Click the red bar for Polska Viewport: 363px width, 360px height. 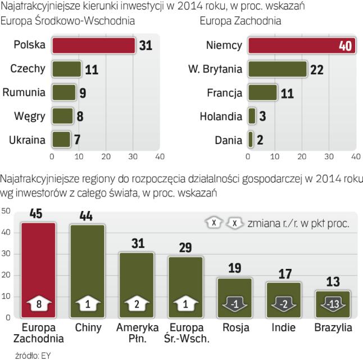pos(93,46)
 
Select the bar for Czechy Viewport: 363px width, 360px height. pos(66,69)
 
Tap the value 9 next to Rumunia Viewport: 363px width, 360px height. pos(82,92)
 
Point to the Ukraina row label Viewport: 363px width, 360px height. pos(27,139)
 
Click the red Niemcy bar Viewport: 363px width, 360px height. pos(301,46)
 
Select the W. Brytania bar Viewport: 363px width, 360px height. pos(277,69)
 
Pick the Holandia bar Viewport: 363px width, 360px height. pos(252,116)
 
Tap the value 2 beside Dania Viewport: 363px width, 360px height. pos(259,139)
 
